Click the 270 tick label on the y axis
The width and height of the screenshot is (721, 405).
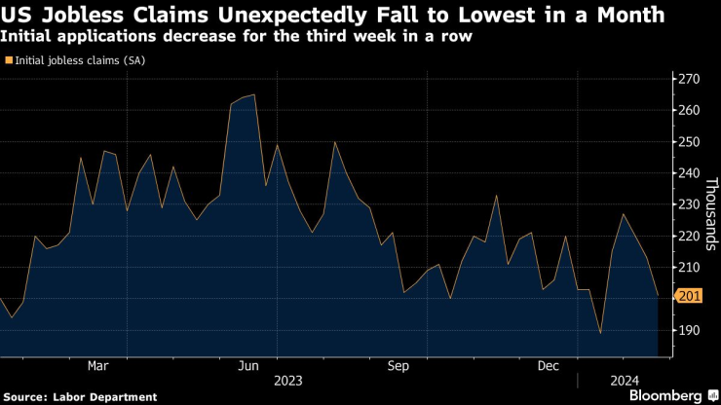click(x=690, y=79)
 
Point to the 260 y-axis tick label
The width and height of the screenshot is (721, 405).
click(x=690, y=110)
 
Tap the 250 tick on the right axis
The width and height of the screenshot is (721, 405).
click(x=690, y=141)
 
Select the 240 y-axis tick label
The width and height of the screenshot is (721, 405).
click(x=690, y=173)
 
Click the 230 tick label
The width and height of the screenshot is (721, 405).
click(x=690, y=204)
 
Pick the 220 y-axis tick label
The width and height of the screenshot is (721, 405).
click(x=690, y=236)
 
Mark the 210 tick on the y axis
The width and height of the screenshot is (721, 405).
click(x=690, y=267)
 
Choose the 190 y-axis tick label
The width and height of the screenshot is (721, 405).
click(x=690, y=330)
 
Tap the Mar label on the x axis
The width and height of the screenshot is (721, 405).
click(x=97, y=366)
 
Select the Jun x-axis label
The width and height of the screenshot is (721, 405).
click(x=248, y=366)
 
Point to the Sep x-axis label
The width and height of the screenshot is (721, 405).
click(x=398, y=366)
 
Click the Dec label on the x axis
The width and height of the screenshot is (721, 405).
click(x=549, y=366)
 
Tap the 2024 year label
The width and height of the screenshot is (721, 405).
click(x=625, y=381)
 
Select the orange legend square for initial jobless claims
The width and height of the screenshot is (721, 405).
click(x=9, y=60)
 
